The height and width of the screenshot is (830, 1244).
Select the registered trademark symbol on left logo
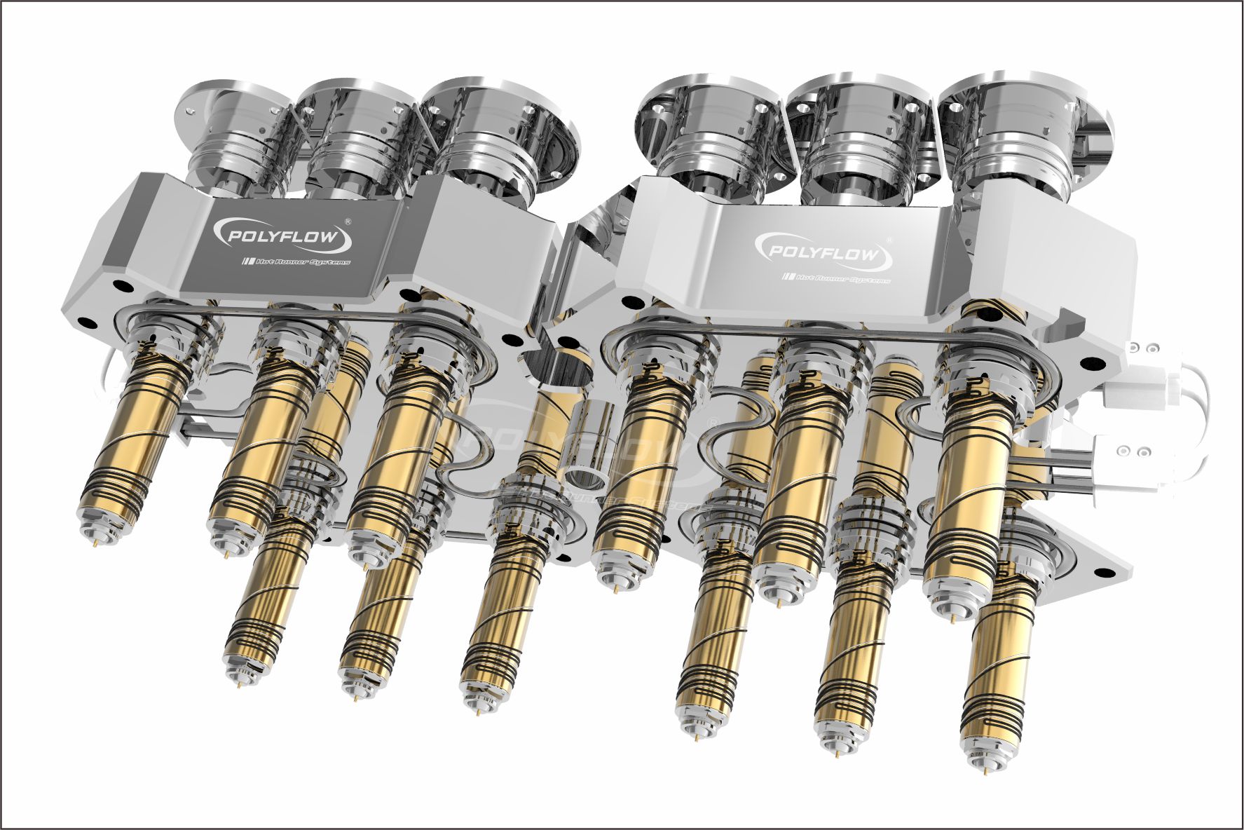(x=349, y=220)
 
